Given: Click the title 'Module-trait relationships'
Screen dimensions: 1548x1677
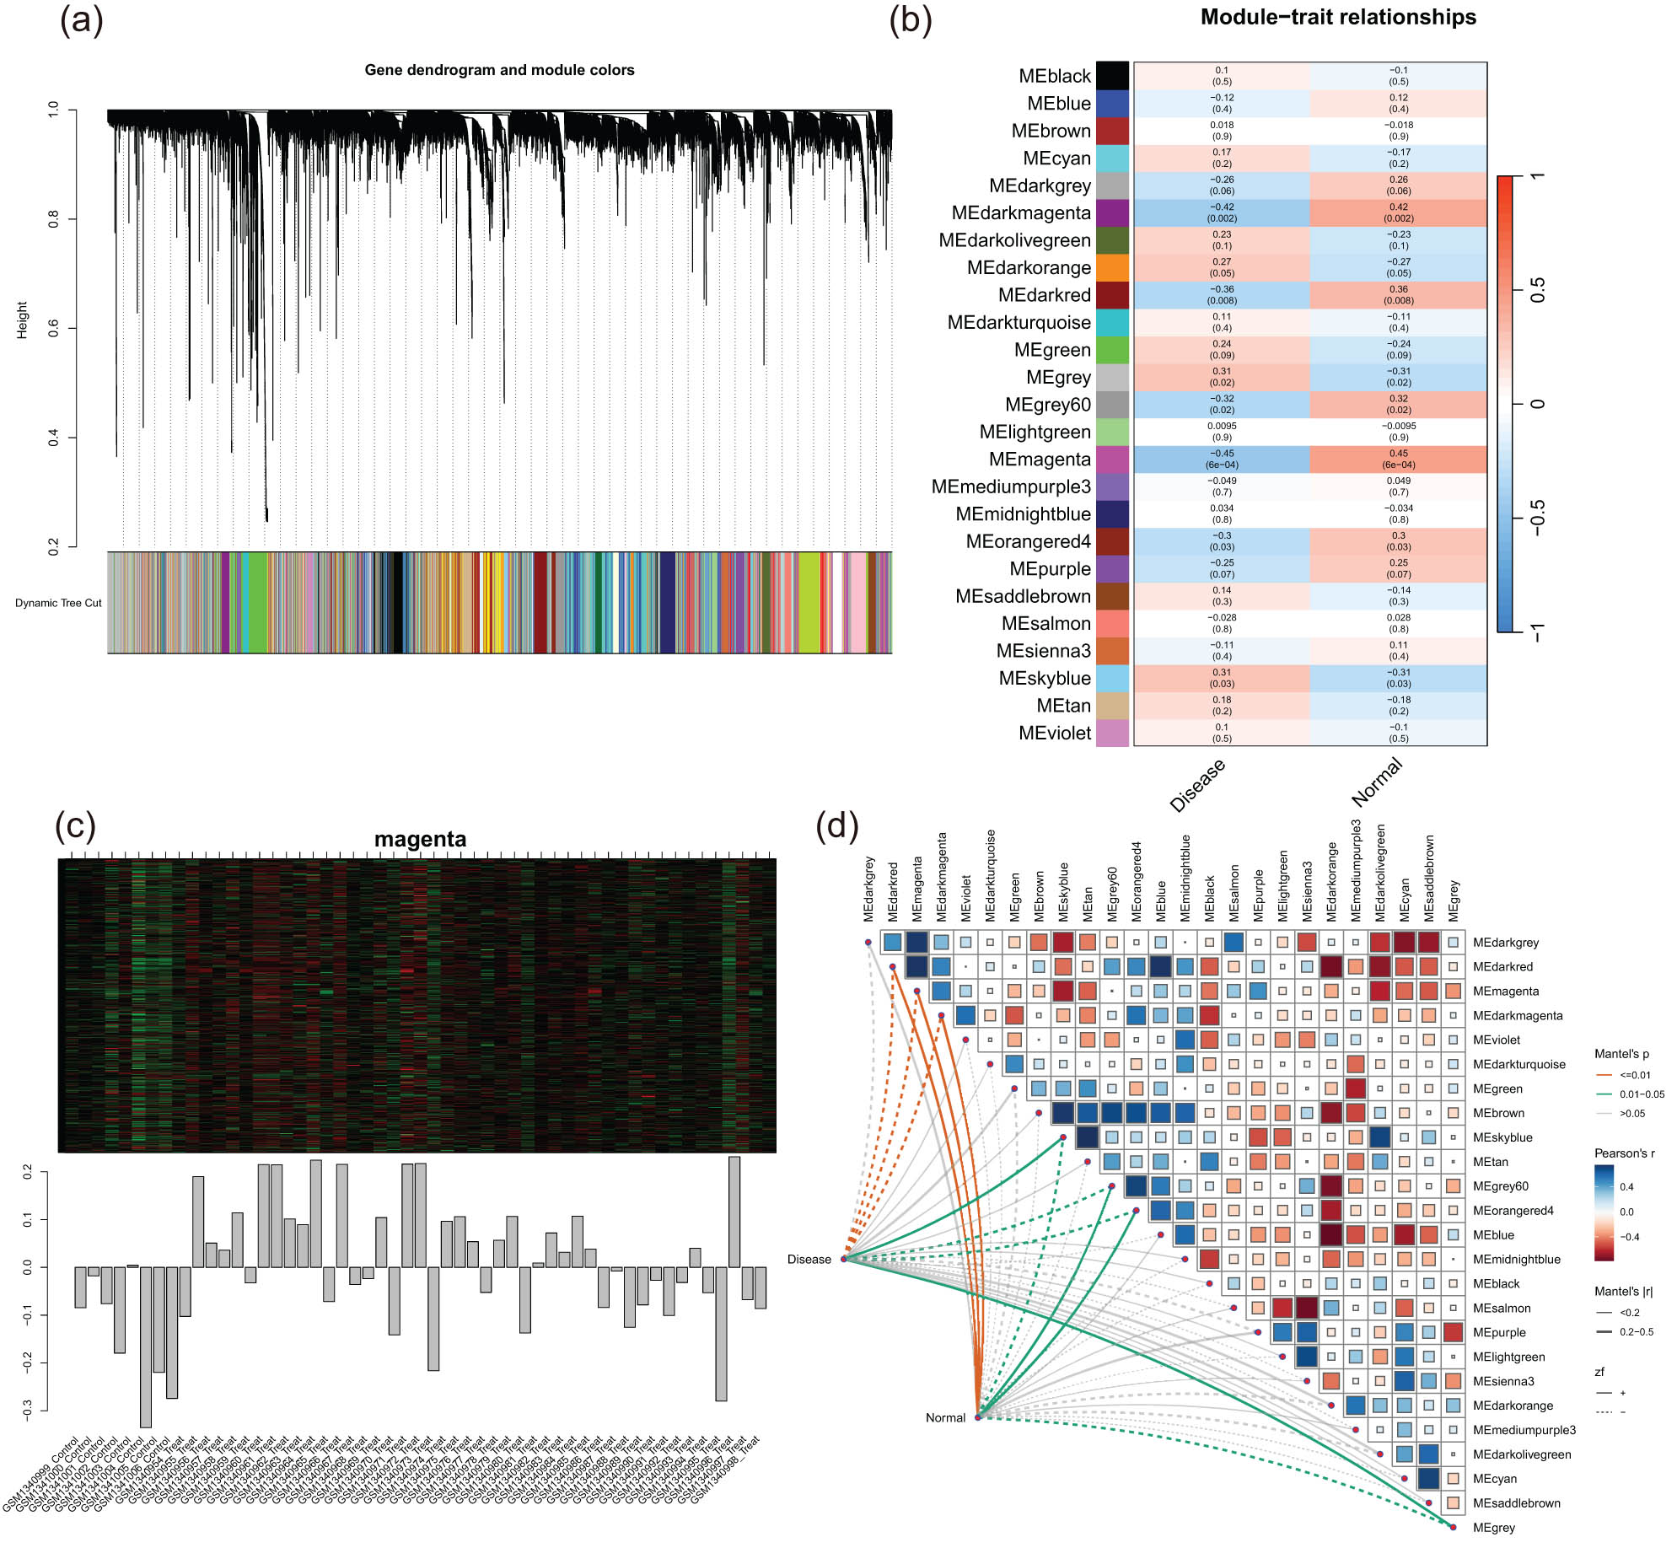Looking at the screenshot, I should click(x=1337, y=18).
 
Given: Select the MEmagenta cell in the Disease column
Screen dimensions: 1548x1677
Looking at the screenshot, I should click(x=1221, y=460).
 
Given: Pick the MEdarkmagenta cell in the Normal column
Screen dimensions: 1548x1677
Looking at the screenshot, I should click(x=1398, y=212).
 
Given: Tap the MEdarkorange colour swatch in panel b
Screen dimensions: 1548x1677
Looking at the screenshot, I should click(x=1111, y=268).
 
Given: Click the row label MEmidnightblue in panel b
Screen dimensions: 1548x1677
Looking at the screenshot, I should click(x=1022, y=514).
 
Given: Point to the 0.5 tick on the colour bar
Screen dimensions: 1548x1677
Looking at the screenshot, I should click(x=1536, y=290).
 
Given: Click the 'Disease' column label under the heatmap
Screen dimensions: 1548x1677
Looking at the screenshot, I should click(x=1197, y=785).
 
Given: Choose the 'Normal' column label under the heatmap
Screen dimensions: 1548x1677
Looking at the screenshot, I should click(x=1376, y=781).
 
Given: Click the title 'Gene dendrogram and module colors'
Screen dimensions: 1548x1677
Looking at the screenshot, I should click(x=499, y=70).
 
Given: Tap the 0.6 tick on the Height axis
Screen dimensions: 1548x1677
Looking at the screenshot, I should click(x=54, y=328).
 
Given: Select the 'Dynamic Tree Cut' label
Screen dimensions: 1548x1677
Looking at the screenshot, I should click(x=58, y=603).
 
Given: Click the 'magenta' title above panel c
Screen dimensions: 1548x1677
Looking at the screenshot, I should click(x=420, y=839).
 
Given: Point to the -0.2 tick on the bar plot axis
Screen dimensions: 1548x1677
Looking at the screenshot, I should click(x=28, y=1363).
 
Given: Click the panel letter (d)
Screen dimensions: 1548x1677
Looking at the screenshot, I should click(x=836, y=825).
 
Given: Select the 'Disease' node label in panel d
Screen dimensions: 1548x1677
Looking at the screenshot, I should click(x=809, y=1260).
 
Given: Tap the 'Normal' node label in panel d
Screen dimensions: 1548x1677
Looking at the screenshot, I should click(x=945, y=1417).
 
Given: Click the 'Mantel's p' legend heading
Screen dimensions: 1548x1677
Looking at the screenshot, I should click(x=1621, y=1054).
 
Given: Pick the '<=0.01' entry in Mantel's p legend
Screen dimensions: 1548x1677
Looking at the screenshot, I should click(x=1635, y=1075).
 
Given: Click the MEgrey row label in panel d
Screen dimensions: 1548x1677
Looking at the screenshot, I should click(x=1493, y=1527).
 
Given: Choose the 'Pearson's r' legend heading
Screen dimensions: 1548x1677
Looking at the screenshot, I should click(x=1624, y=1153).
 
